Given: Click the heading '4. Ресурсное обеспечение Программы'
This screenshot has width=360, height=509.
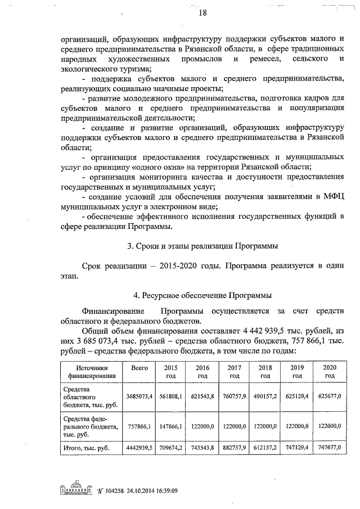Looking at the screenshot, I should click(x=201, y=294).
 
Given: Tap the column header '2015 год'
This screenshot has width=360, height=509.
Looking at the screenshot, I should click(x=170, y=371).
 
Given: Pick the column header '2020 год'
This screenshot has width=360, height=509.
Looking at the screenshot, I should click(x=329, y=371).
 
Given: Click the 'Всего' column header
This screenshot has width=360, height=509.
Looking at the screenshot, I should click(x=139, y=367).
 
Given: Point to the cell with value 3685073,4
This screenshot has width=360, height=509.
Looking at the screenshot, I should click(x=139, y=397).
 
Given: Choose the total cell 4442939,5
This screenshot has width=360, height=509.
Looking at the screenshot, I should click(x=139, y=448).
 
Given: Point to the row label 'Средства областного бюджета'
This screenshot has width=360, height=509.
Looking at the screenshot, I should click(x=84, y=397).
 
